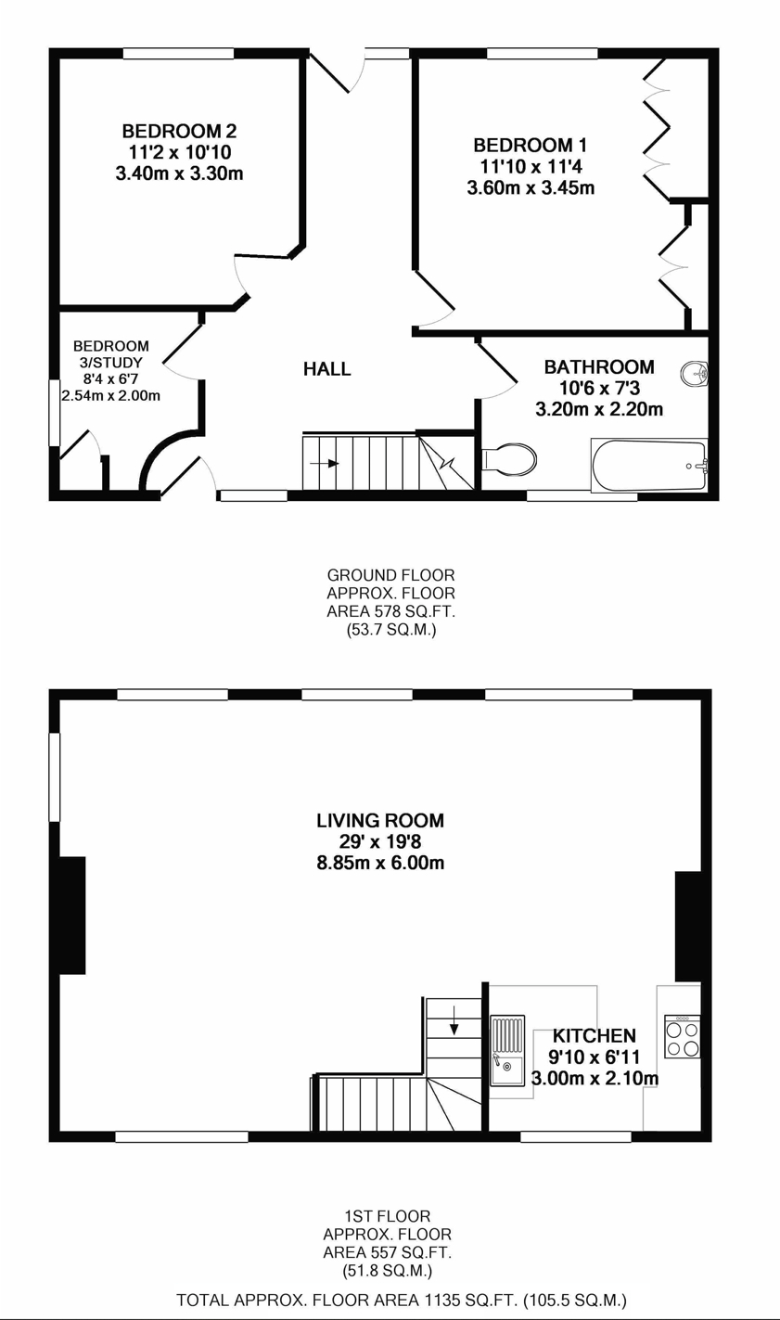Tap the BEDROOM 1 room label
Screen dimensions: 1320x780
[x=530, y=146]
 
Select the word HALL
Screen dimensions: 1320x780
[x=327, y=369]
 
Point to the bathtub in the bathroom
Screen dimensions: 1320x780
[x=648, y=466]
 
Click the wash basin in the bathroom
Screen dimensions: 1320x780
[x=694, y=374]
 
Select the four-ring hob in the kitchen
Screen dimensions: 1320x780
[x=682, y=1038]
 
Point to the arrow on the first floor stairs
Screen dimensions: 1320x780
[x=454, y=1026]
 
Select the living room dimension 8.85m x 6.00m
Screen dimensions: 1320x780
[x=380, y=864]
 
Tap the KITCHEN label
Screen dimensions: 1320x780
[x=595, y=1036]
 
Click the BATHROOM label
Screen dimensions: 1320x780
[x=598, y=367]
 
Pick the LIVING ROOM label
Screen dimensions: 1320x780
[x=380, y=821]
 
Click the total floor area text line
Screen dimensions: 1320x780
[x=401, y=1300]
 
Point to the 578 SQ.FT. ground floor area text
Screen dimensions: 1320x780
[x=390, y=611]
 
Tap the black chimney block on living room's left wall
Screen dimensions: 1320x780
[x=72, y=915]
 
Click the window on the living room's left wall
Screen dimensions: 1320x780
[x=55, y=776]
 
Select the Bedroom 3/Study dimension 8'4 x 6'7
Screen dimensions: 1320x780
[x=111, y=378]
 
